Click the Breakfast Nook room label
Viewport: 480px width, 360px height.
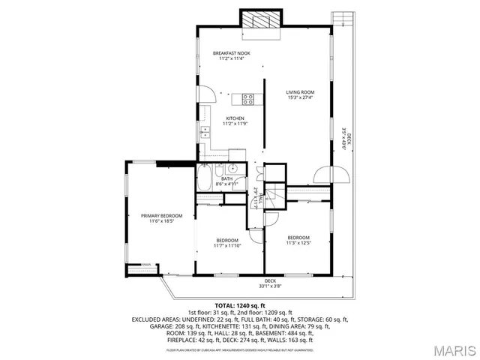231,53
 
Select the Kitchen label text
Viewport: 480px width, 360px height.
235,118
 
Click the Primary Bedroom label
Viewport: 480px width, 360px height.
161,216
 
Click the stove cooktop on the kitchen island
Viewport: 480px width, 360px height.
248,98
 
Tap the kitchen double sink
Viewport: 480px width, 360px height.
205,134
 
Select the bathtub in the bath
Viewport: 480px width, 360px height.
205,180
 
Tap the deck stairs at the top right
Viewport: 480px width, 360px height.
342,18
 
